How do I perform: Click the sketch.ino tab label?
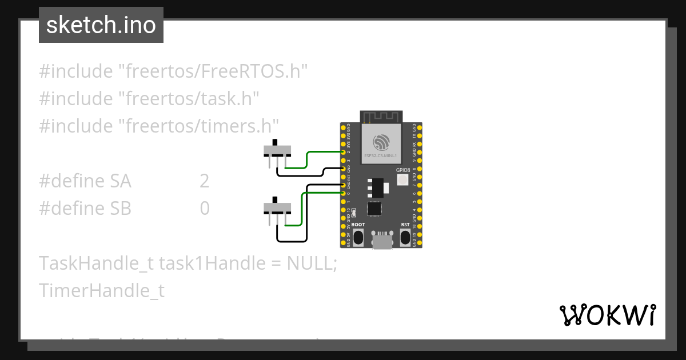(x=101, y=25)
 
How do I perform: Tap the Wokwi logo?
(x=607, y=315)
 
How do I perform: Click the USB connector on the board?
(x=382, y=239)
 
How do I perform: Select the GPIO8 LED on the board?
(x=402, y=180)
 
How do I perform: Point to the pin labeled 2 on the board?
(x=343, y=153)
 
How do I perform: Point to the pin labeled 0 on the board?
(x=343, y=194)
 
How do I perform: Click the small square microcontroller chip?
(x=374, y=209)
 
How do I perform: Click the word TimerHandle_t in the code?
(x=102, y=291)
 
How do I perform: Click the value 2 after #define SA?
(x=204, y=181)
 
